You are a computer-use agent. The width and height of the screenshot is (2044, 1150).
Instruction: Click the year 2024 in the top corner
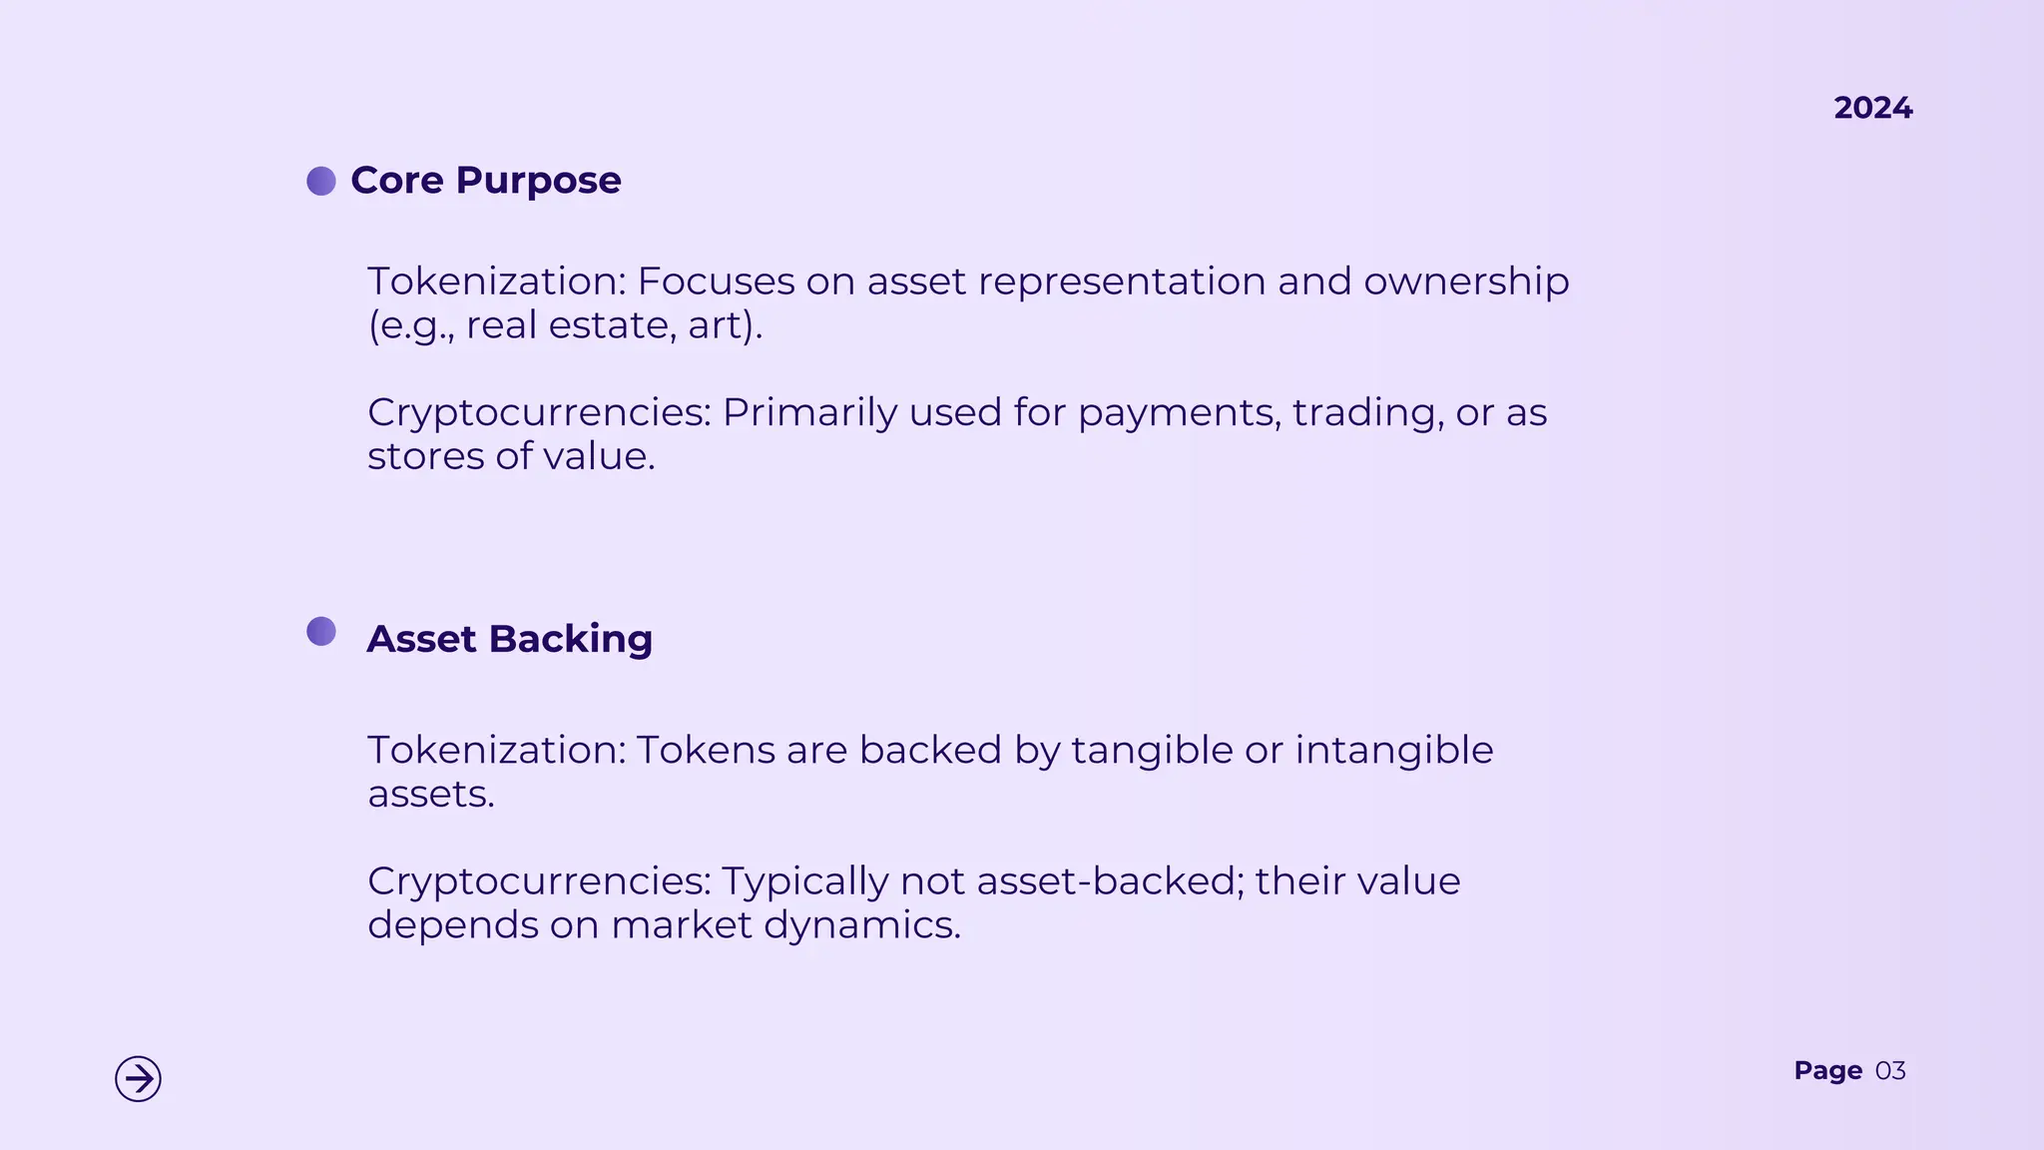(x=1872, y=108)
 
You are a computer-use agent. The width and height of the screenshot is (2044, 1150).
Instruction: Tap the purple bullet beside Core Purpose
(x=321, y=181)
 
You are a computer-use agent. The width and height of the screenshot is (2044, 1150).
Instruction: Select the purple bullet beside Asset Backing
(x=321, y=631)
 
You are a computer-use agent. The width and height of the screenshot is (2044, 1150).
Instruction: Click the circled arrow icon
(x=138, y=1078)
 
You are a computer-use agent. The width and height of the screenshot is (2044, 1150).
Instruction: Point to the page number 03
(x=1890, y=1071)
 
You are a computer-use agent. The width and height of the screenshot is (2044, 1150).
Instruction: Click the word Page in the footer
(x=1827, y=1071)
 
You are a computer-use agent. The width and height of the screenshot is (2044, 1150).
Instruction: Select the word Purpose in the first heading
(x=538, y=181)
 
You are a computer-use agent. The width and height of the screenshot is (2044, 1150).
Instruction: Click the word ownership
(x=1466, y=283)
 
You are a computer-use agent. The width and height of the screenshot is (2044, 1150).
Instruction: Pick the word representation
(x=1122, y=283)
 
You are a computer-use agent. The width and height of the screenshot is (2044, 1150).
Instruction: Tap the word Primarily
(x=809, y=413)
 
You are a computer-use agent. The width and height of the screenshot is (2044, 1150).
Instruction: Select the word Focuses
(x=716, y=282)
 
